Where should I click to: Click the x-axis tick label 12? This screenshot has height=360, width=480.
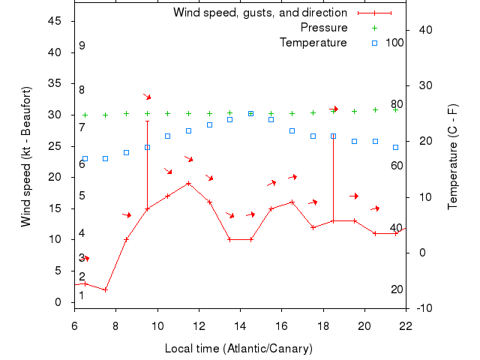point(199,326)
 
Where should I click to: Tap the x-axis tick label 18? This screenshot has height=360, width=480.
point(323,326)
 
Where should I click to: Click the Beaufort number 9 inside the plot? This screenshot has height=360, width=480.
point(82,46)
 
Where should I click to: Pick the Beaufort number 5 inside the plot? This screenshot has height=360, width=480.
point(82,196)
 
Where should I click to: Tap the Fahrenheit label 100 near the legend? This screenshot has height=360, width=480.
point(394,42)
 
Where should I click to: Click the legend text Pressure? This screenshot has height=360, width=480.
point(324,28)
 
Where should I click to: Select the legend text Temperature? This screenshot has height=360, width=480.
point(313,42)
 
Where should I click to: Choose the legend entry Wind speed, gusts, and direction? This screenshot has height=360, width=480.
point(260,13)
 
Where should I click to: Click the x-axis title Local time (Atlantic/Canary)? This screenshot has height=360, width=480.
point(238,349)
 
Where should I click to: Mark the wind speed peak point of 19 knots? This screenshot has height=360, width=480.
point(188,183)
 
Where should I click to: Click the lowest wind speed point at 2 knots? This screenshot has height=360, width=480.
point(106,289)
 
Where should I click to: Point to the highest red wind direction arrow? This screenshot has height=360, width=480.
point(148,96)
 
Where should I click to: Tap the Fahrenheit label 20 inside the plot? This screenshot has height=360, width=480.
point(397,289)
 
